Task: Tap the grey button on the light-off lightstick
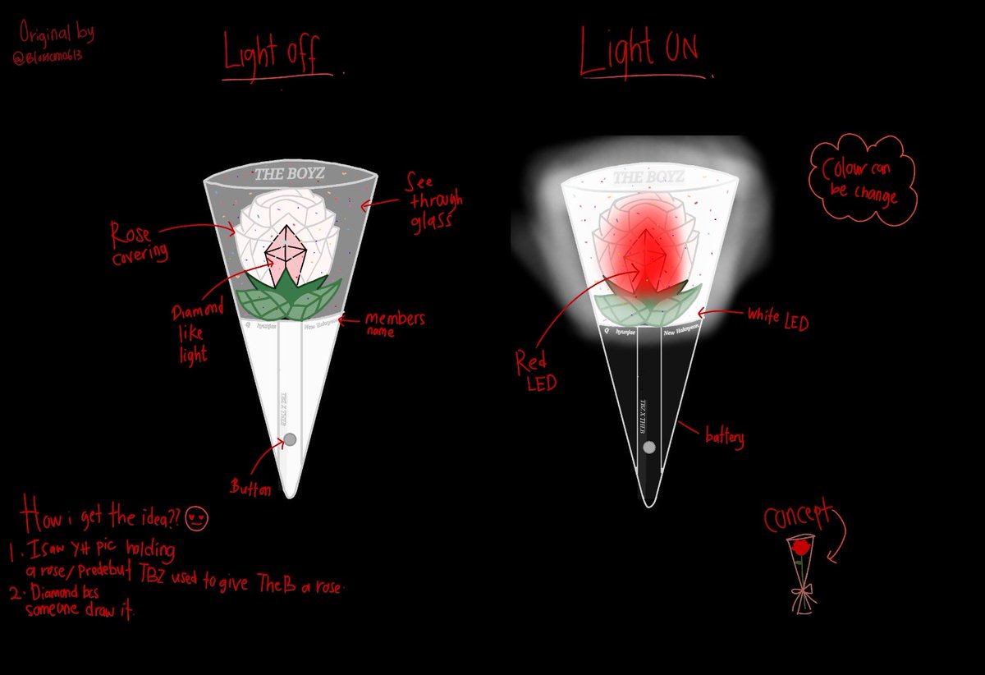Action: coord(290,439)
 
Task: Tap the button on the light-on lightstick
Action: coord(649,448)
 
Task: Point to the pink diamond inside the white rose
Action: coord(286,255)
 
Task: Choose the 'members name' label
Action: coord(394,323)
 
